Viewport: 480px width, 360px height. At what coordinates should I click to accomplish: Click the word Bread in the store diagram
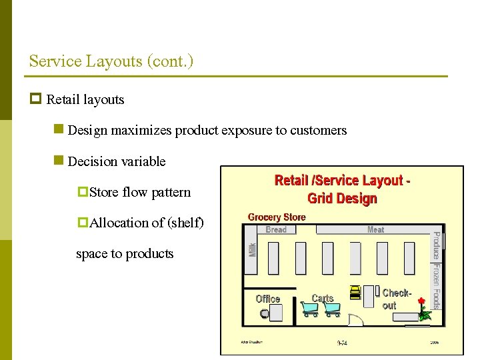click(276, 229)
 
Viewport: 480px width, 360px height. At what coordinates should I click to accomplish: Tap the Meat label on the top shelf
click(376, 229)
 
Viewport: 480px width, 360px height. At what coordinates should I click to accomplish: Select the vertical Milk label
click(253, 249)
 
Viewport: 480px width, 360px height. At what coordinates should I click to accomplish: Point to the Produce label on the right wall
click(436, 245)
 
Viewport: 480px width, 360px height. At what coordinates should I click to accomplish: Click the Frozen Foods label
click(436, 285)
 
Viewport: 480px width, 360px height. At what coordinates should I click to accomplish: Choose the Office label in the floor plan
click(268, 299)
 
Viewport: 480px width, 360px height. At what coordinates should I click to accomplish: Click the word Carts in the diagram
click(323, 298)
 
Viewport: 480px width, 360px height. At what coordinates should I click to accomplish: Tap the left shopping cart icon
click(310, 309)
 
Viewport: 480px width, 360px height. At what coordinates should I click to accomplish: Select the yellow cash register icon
click(355, 291)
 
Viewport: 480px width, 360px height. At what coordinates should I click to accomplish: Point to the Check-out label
click(396, 299)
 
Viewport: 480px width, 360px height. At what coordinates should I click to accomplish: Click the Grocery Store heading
click(277, 217)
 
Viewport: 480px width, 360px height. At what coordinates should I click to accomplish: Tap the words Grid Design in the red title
click(342, 198)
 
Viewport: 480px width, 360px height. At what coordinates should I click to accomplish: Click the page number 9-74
click(342, 343)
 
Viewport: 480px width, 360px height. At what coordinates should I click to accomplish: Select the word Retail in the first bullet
click(63, 100)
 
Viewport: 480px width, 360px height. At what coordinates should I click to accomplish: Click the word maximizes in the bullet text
click(141, 131)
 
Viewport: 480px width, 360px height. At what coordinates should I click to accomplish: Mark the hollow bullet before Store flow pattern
click(83, 192)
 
